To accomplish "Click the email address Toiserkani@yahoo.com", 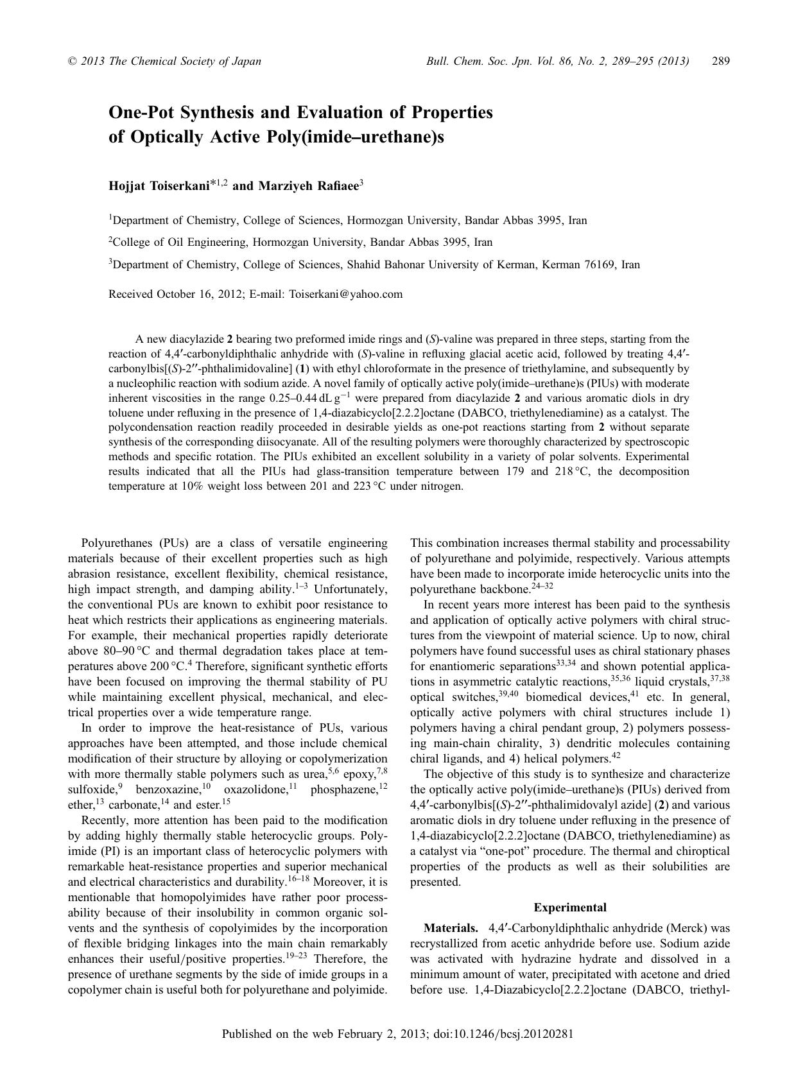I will (346, 294).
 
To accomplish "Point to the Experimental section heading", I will (569, 908).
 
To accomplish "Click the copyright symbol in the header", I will (72, 62).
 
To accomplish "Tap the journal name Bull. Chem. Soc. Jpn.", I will (468, 62).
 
